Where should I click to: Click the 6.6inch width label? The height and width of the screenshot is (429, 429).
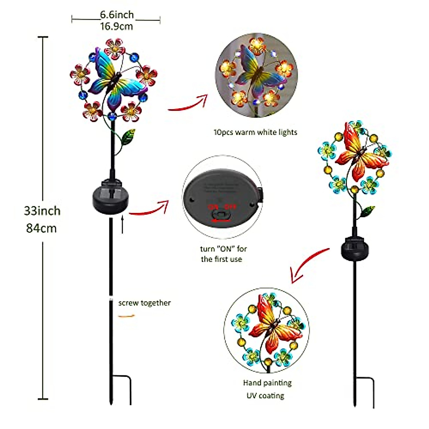(x=117, y=15)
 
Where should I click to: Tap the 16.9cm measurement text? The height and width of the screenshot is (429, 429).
(x=117, y=26)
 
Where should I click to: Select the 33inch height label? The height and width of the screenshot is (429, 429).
(x=42, y=211)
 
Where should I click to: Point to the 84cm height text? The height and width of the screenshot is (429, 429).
(x=41, y=228)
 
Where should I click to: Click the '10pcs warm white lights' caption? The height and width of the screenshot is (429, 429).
(x=255, y=132)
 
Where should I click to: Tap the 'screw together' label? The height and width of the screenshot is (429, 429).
(x=144, y=303)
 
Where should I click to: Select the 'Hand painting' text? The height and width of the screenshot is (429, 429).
(x=267, y=383)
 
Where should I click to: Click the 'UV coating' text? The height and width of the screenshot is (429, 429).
(x=265, y=396)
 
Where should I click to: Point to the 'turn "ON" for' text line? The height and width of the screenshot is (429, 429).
(x=223, y=249)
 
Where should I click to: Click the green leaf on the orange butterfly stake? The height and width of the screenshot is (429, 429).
(x=367, y=212)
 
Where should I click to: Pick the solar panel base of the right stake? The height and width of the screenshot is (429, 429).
(x=355, y=248)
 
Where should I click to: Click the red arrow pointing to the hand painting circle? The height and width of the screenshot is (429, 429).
(x=307, y=265)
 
